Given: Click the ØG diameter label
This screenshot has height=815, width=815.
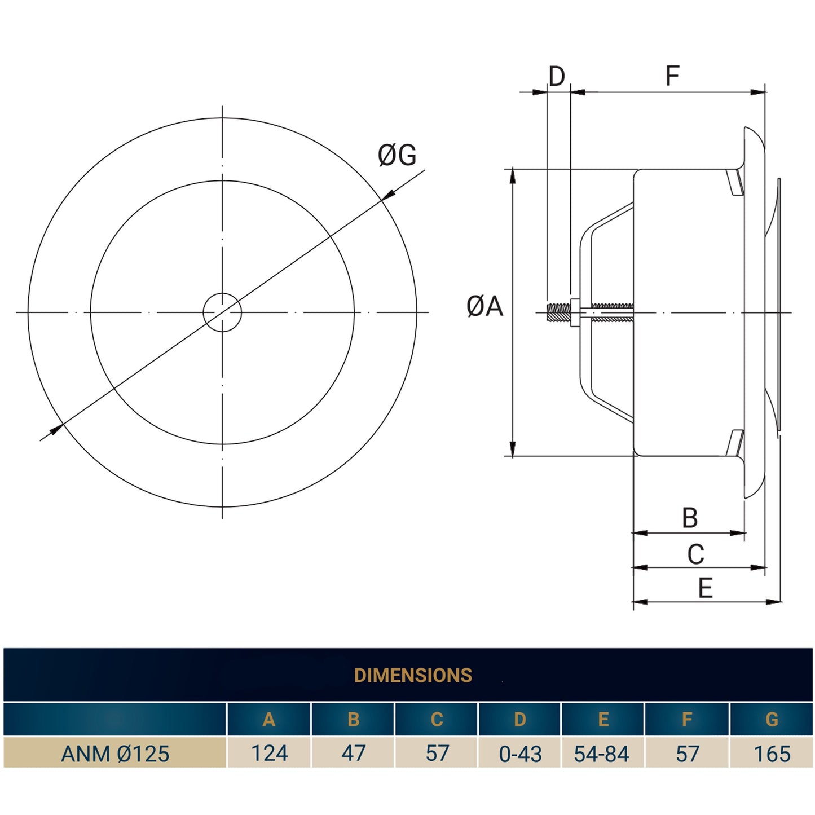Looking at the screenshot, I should click(397, 155).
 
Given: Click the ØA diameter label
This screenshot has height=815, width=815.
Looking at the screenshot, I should click(484, 306).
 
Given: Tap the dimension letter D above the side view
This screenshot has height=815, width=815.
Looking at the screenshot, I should click(556, 76).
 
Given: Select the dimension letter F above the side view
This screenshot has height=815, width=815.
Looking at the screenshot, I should click(672, 76).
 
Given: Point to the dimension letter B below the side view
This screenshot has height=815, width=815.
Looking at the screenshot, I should click(690, 518).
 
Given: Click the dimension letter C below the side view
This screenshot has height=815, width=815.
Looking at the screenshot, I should click(695, 554).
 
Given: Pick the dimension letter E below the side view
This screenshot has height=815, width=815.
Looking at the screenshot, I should click(705, 588).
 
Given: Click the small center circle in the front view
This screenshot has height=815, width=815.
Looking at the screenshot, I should click(222, 312).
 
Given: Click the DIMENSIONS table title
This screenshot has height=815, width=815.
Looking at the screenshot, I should click(413, 675).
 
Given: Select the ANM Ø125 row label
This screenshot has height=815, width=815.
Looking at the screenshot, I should click(115, 754).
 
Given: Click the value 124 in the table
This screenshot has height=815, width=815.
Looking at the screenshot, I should click(269, 754).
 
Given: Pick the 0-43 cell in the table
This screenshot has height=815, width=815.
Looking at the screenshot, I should click(520, 754).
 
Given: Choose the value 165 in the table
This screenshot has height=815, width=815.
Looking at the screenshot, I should click(772, 754).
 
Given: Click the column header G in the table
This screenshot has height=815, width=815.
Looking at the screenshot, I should click(772, 720).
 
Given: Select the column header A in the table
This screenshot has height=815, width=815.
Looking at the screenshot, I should click(269, 720).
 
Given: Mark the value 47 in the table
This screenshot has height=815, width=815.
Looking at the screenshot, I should click(353, 754).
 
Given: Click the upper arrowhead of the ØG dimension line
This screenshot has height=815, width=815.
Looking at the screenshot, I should click(388, 194).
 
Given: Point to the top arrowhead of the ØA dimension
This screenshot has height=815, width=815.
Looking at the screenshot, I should click(512, 176).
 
